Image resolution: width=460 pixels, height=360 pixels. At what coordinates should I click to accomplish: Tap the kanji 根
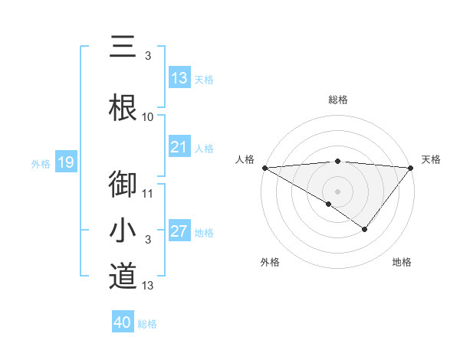pyautogui.click(x=123, y=106)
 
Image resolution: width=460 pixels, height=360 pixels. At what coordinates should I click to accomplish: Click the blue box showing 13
pyautogui.click(x=179, y=78)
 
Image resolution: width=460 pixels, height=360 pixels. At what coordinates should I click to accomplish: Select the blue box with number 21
pyautogui.click(x=179, y=147)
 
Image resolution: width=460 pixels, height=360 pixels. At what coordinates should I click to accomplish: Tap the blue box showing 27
pyautogui.click(x=179, y=231)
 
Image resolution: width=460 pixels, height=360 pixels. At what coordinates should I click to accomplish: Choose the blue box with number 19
pyautogui.click(x=65, y=162)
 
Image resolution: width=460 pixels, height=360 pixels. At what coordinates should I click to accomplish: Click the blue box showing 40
pyautogui.click(x=123, y=322)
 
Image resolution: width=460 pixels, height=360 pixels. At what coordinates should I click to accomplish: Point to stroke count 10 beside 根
pyautogui.click(x=148, y=116)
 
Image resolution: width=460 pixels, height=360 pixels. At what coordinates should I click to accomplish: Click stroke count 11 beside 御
pyautogui.click(x=148, y=193)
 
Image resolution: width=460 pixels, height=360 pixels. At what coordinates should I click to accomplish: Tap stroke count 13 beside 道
pyautogui.click(x=148, y=286)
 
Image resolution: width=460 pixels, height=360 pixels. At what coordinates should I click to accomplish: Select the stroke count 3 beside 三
pyautogui.click(x=147, y=55)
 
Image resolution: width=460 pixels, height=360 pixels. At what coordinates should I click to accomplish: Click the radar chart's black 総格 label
pyautogui.click(x=337, y=100)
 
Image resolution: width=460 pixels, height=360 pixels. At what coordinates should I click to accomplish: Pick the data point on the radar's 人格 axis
pyautogui.click(x=264, y=168)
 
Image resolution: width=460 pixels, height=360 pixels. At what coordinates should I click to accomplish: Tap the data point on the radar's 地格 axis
pyautogui.click(x=365, y=229)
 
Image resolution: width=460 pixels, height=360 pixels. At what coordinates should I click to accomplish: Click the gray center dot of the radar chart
pyautogui.click(x=337, y=191)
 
